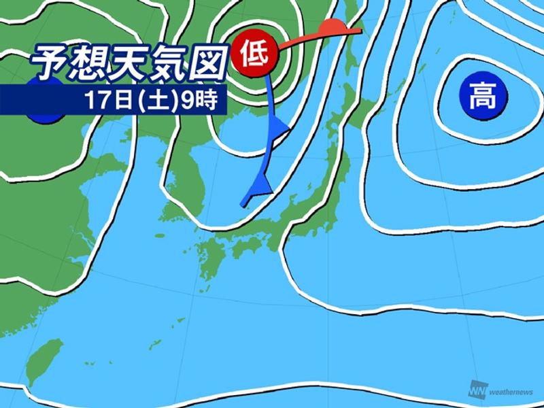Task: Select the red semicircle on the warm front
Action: coord(330,28)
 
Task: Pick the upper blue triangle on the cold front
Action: coord(279,126)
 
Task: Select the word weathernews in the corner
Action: coord(511,392)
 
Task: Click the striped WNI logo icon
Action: coord(476,390)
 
